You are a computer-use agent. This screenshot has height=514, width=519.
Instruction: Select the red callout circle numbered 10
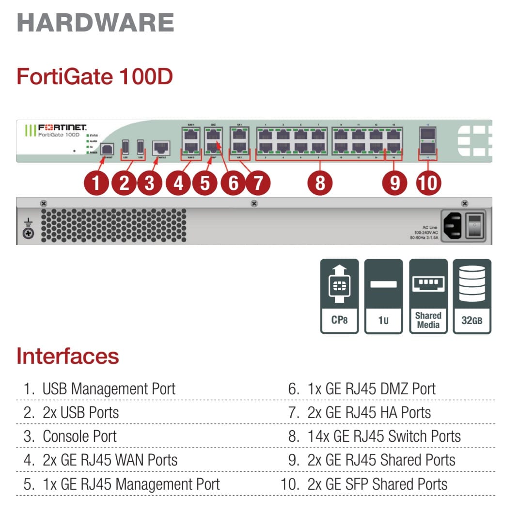[428, 184]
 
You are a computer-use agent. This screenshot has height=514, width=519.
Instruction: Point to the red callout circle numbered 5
[205, 184]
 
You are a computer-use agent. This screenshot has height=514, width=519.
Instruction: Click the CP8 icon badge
[339, 296]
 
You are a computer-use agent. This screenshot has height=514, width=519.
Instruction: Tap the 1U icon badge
[383, 296]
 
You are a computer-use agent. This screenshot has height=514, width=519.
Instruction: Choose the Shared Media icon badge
[428, 296]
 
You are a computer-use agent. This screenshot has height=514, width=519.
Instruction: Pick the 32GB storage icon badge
[472, 296]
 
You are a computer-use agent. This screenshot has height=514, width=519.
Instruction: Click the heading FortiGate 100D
[94, 77]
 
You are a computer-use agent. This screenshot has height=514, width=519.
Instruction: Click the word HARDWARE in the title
[95, 23]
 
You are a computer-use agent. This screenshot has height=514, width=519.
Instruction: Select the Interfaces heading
[67, 356]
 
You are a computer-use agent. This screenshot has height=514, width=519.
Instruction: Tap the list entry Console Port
[79, 436]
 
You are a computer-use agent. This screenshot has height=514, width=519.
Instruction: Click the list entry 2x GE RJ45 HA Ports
[369, 412]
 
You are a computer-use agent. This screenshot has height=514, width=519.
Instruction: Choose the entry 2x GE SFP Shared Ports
[377, 484]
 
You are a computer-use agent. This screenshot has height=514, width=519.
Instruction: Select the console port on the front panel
[160, 147]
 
